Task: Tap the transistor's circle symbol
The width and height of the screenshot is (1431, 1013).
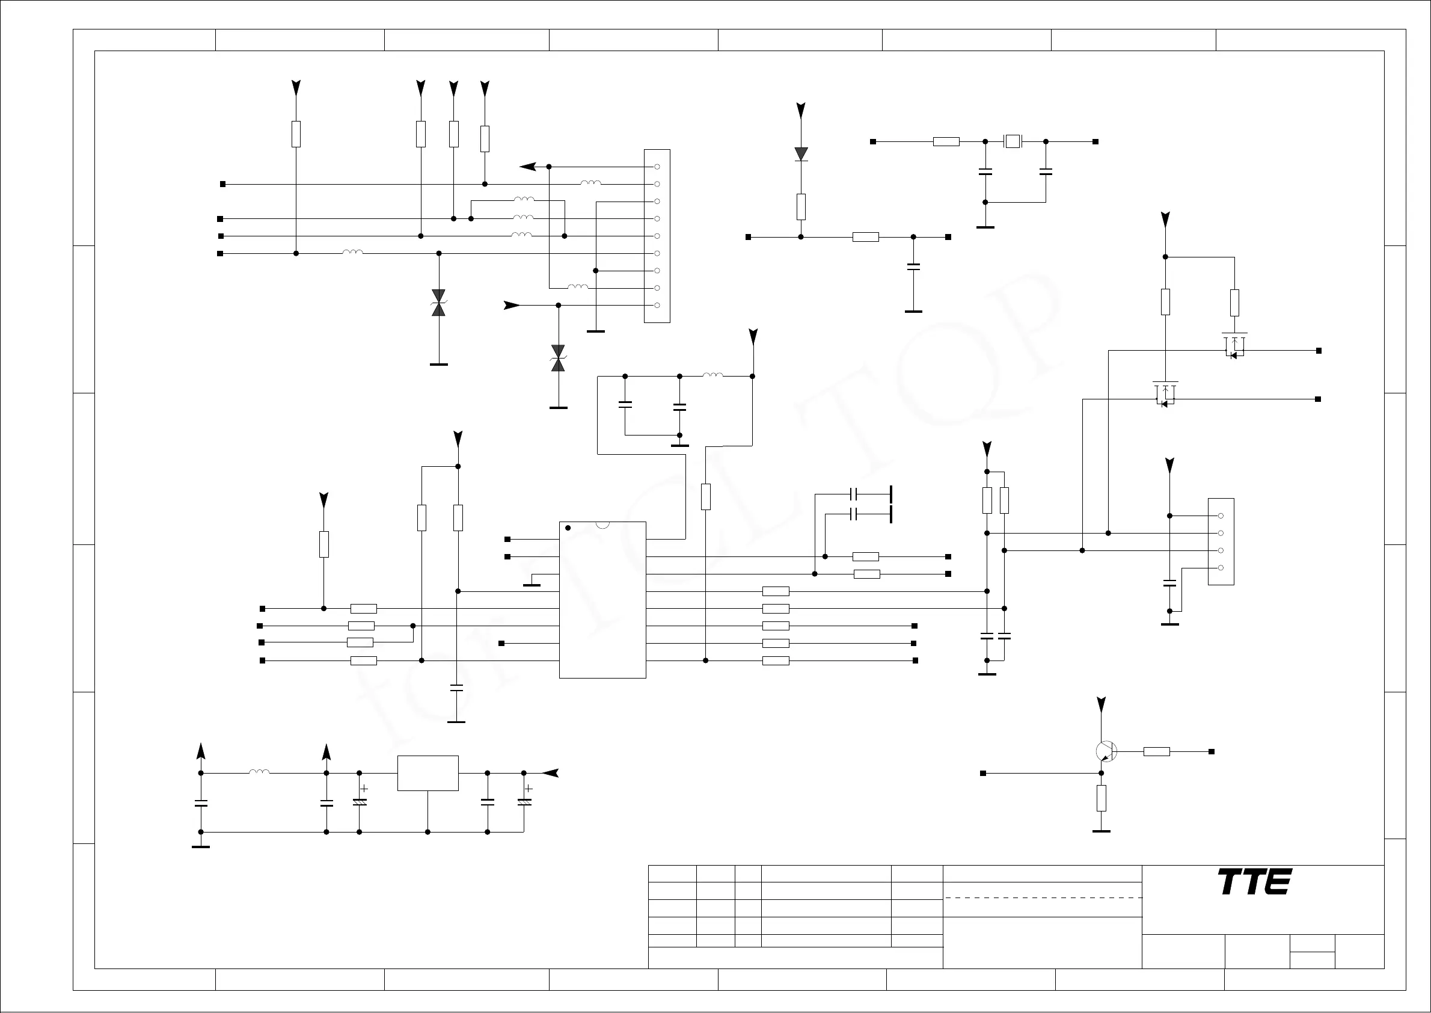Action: click(x=1106, y=752)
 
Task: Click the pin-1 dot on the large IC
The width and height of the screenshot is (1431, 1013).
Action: click(x=568, y=528)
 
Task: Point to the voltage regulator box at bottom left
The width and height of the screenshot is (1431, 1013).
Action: click(x=427, y=773)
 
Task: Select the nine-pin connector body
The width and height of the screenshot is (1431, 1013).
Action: click(x=657, y=236)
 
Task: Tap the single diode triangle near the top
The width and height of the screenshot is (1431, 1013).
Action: click(x=801, y=153)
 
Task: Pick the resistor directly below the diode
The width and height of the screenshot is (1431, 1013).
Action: click(x=801, y=206)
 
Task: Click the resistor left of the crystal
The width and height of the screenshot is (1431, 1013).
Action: click(x=946, y=141)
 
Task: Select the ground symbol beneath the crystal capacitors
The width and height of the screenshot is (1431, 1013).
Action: click(x=985, y=227)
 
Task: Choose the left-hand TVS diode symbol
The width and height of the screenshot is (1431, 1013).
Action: click(x=438, y=303)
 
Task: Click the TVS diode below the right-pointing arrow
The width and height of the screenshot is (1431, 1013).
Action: click(x=558, y=358)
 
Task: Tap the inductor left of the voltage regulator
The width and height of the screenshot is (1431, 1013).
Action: click(x=259, y=772)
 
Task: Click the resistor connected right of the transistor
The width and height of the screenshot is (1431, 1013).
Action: click(x=1156, y=752)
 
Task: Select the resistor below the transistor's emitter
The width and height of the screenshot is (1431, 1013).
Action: click(x=1101, y=798)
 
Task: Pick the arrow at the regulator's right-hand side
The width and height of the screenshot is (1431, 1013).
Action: click(x=550, y=773)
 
